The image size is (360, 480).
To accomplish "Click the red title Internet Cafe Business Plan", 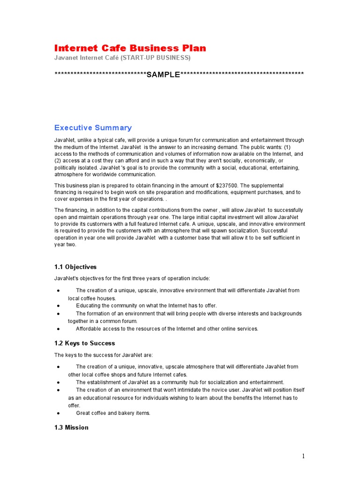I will pos(130,48).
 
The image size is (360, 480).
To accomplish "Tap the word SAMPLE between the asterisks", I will pos(163,75).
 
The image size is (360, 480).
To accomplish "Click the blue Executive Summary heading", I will pos(93,127).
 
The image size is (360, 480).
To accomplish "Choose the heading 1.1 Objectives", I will pos(75,267).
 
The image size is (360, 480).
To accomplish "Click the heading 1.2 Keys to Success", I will pos(84,343).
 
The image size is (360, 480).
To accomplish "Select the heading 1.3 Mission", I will pos(71,427).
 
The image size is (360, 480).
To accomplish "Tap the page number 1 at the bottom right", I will pos(303,456).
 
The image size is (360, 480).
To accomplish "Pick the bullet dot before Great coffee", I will pos(58,413).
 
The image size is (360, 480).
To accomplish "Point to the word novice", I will pos(217,390).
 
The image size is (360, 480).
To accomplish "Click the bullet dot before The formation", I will pos(58,314).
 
